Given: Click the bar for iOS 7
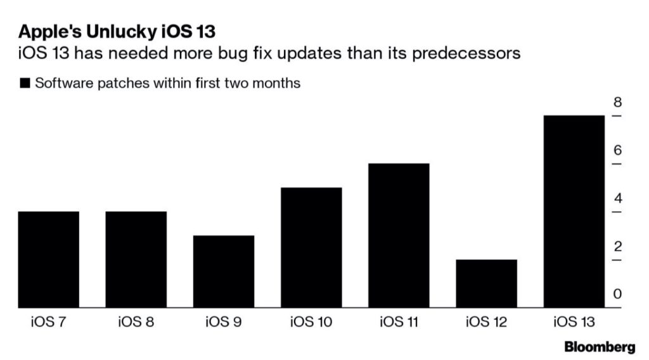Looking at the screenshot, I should coord(49,260).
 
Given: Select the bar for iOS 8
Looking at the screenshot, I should coord(136,260).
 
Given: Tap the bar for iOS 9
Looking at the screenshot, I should coord(224,272).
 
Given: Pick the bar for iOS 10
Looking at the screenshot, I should coord(311,248).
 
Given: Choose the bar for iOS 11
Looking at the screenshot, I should coord(399,236).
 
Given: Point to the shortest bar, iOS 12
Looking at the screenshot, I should coord(486,284).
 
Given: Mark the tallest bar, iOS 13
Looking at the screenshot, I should coord(574,212).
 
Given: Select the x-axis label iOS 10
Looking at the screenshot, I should coord(311,321).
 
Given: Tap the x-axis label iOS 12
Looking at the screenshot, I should coord(486,321).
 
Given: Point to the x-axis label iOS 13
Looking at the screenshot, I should coord(574,321).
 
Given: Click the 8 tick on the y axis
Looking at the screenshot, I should coord(617,103).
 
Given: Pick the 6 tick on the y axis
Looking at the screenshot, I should coord(617,151).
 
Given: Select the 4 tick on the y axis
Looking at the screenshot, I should coord(617,199).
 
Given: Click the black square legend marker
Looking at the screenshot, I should coord(25,84).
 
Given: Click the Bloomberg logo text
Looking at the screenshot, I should coord(599,347).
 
